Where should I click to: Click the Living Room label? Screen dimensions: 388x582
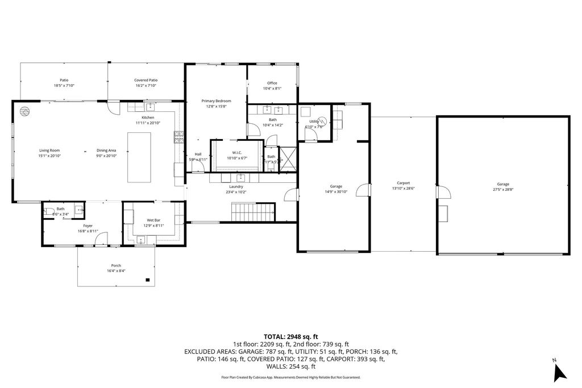[49, 151]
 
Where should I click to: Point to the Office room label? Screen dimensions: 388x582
[272, 83]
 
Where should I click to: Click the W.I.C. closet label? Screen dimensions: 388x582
[237, 152]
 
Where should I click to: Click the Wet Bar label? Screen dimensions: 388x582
[153, 220]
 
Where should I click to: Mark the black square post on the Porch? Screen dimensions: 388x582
[148, 279]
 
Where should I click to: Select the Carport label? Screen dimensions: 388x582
[403, 183]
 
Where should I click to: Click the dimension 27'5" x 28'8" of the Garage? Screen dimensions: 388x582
[502, 190]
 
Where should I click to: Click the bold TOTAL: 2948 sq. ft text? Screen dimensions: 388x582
[290, 336]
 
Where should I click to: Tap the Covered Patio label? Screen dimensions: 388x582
[146, 80]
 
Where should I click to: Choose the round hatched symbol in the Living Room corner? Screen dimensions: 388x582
[24, 111]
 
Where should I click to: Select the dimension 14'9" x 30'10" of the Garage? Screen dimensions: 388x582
[335, 192]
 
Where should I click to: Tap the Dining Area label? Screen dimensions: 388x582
[106, 151]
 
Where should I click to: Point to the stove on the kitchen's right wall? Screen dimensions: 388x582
[179, 135]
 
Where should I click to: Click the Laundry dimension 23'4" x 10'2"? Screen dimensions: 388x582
[236, 192]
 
